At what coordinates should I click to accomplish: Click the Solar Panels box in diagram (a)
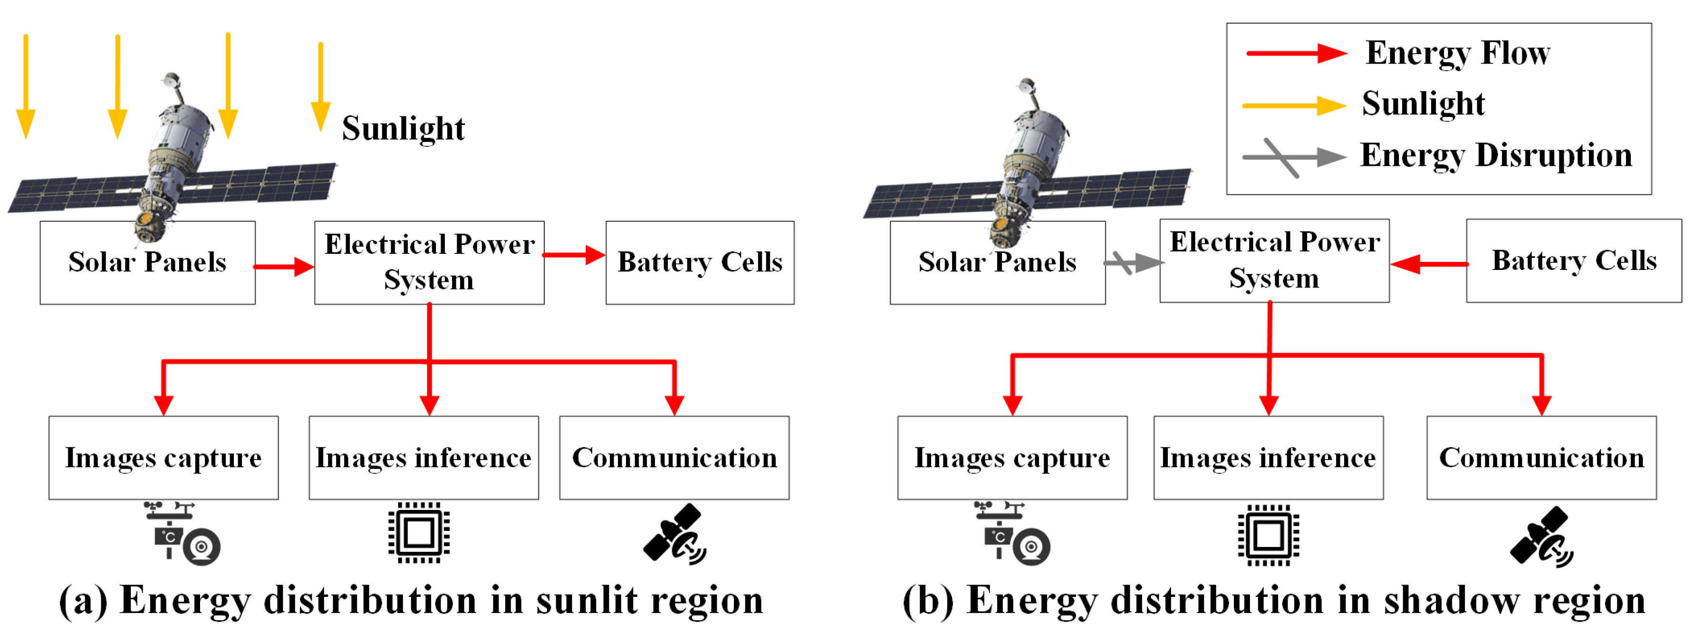(147, 263)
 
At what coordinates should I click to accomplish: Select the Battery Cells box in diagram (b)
(1573, 261)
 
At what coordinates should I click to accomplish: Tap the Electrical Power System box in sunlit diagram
(429, 263)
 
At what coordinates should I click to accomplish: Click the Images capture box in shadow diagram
(1012, 458)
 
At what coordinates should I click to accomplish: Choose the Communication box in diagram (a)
(674, 458)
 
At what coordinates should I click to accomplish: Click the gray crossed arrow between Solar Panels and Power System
(1133, 263)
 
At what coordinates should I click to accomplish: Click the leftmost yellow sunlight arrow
(26, 86)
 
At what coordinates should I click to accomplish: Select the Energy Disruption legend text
(1496, 156)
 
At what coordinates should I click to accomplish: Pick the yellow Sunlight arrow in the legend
(1293, 105)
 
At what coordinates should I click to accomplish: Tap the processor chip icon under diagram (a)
(419, 533)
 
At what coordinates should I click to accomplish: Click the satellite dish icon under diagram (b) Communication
(1541, 536)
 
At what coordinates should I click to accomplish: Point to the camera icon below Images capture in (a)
(182, 533)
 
